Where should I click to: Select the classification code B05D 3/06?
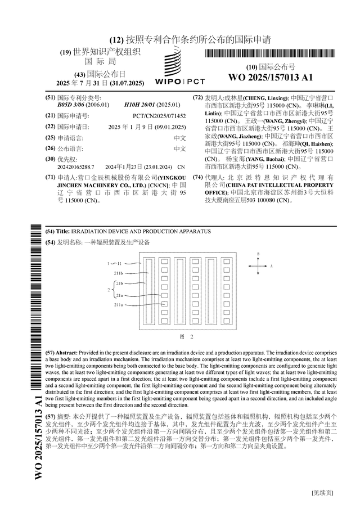coord(71,105)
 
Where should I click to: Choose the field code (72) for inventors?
coord(197,97)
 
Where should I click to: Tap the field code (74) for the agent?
coord(197,177)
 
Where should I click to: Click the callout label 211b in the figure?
coord(119,273)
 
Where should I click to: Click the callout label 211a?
coord(119,305)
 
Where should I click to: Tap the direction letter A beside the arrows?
coord(271,265)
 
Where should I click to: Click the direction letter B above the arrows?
coord(258,254)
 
